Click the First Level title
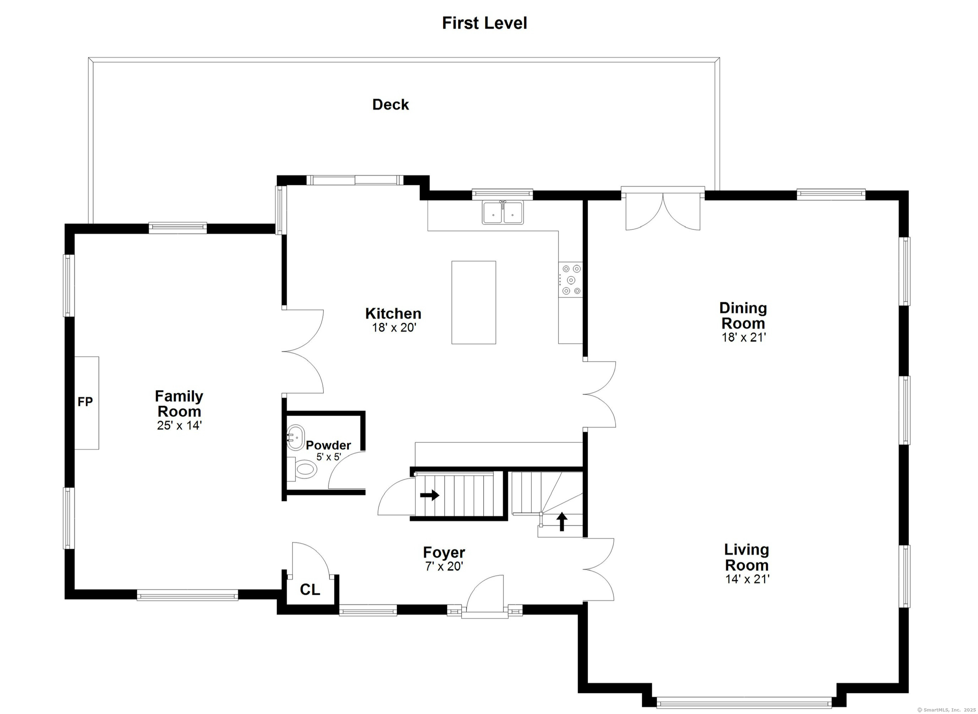484,23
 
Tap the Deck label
390,105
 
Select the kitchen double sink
503,213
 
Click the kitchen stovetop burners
570,280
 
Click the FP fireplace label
85,402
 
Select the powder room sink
296,437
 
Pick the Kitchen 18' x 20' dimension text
394,327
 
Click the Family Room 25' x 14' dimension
179,425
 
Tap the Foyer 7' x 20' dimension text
444,566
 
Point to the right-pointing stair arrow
430,495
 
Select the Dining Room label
743,316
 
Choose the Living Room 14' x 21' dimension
747,579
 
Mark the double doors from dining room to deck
662,212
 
